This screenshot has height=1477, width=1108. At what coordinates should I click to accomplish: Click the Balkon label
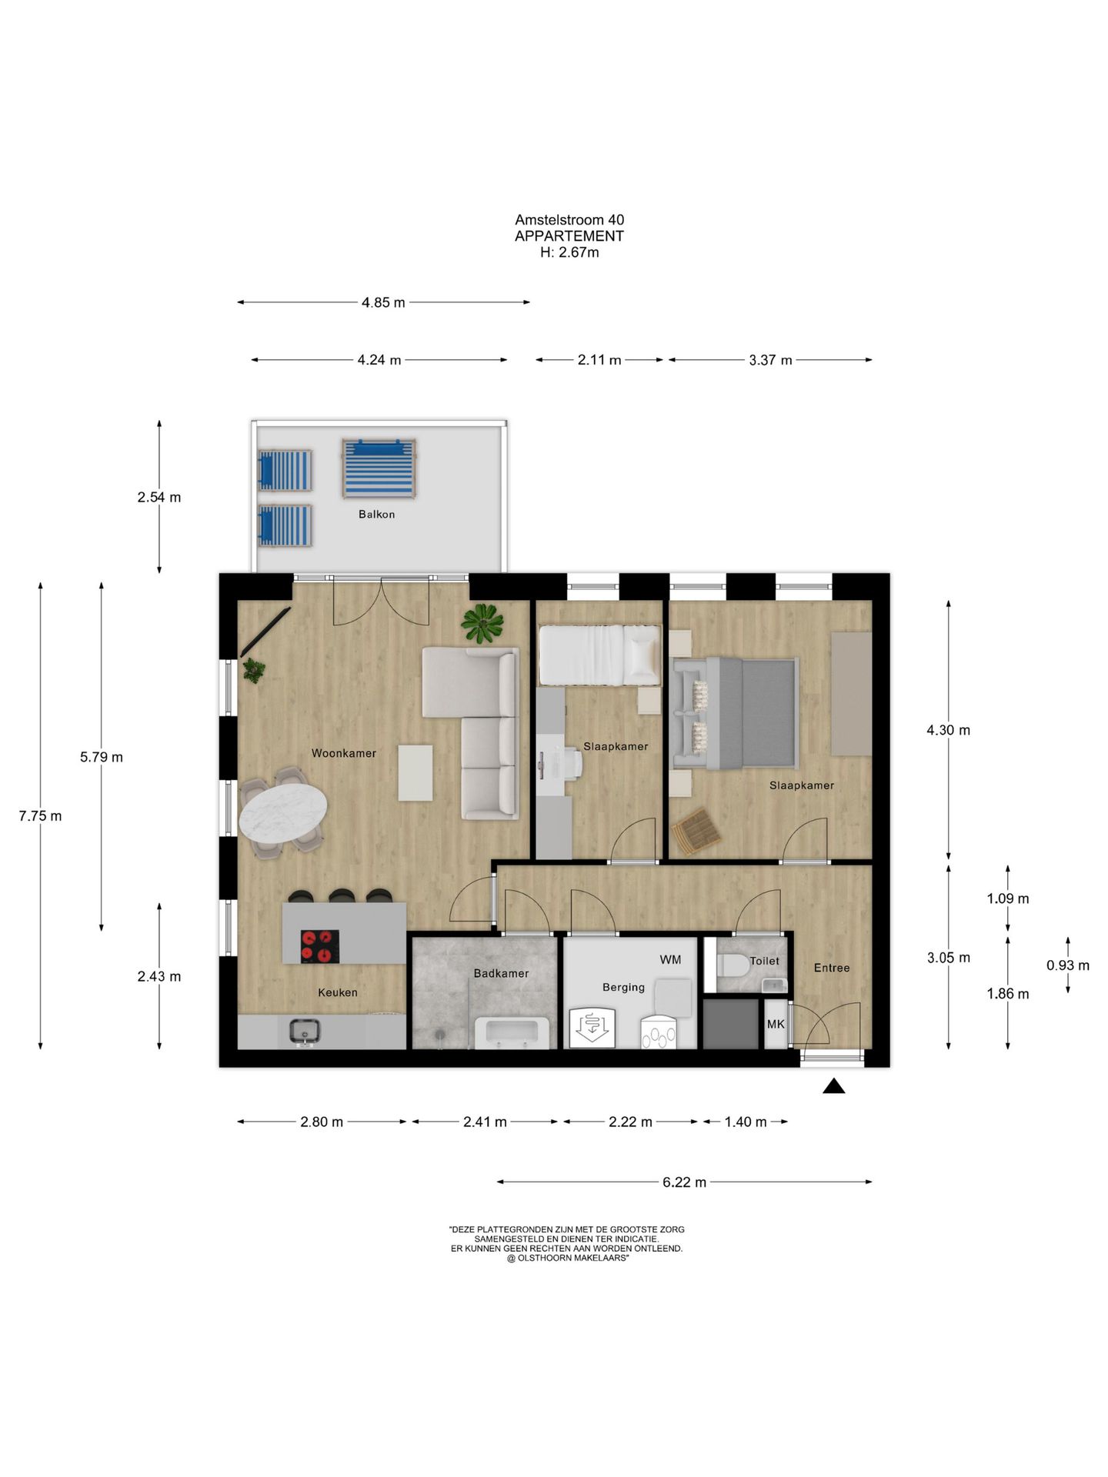point(376,515)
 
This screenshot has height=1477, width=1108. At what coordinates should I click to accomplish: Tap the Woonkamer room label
point(343,753)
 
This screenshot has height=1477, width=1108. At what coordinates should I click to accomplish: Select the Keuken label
point(338,992)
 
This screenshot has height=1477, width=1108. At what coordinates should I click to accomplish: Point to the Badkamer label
point(501,973)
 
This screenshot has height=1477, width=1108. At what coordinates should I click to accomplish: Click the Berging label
point(623,987)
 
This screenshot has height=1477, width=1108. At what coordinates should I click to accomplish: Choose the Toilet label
point(764,961)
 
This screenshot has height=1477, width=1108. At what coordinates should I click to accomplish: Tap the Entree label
point(832,968)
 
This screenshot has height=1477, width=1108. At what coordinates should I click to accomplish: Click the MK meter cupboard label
point(776,1024)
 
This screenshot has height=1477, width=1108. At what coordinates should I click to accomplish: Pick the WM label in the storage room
point(670,959)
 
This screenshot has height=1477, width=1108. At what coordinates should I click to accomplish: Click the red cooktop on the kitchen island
point(319,947)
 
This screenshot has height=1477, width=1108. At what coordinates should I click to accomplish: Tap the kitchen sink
point(305,1032)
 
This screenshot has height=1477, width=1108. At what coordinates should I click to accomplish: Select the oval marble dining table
point(283,811)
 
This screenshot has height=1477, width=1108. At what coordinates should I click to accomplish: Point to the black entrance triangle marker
point(834,1086)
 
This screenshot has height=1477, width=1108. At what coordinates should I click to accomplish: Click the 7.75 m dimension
point(41,816)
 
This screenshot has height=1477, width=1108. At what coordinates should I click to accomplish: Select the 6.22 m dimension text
point(684,1182)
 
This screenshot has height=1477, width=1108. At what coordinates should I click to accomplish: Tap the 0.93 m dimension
point(1068,965)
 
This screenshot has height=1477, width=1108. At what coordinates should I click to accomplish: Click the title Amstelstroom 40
point(569,220)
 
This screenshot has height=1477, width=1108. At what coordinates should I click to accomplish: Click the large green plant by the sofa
point(482,623)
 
